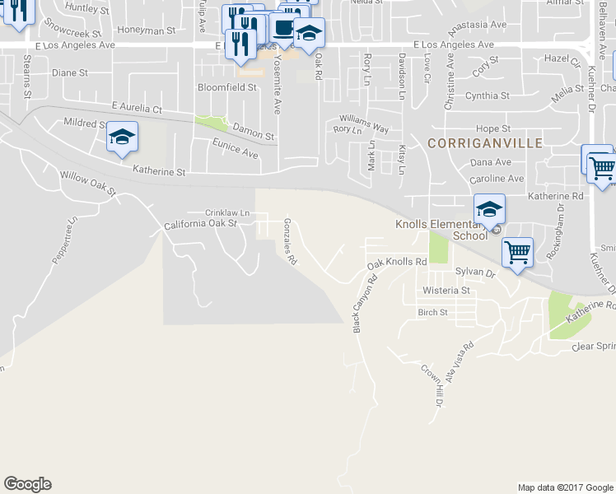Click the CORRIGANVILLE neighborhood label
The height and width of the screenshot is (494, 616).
(x=485, y=143)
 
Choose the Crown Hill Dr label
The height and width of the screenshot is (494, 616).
(x=432, y=386)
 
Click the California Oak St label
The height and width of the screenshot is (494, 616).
(x=200, y=223)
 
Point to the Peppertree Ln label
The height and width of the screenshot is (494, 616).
(x=65, y=240)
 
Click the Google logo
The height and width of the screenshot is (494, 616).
(x=27, y=484)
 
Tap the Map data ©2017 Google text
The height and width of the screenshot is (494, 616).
(x=564, y=487)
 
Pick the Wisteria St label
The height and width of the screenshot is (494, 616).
(x=446, y=291)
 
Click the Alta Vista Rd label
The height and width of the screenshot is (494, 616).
(x=461, y=359)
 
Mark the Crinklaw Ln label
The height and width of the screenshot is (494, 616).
(x=226, y=212)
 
